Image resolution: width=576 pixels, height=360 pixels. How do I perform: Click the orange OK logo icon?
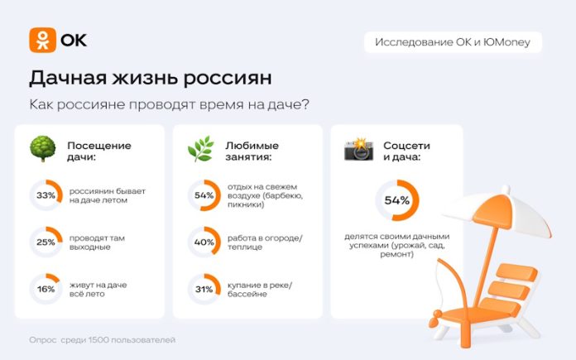coord(42,40)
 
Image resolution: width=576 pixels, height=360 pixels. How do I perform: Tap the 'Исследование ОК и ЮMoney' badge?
coord(453,42)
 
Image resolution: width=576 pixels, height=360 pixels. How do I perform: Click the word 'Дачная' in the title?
coord(68,78)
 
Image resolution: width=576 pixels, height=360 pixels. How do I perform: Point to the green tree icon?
coord(43,149)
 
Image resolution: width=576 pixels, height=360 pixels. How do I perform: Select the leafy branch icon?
coord(201,149)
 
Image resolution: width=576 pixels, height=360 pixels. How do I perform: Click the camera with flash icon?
coord(358,150)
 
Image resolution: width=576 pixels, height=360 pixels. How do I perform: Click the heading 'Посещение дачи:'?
coord(99,151)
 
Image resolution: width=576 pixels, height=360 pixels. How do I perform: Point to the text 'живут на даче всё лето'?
coord(98,290)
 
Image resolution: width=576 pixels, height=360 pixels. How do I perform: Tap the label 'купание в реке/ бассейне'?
coord(260,290)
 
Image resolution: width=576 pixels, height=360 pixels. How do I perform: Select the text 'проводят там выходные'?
coord(97,242)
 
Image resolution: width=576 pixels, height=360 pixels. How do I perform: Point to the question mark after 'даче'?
coord(305,105)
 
